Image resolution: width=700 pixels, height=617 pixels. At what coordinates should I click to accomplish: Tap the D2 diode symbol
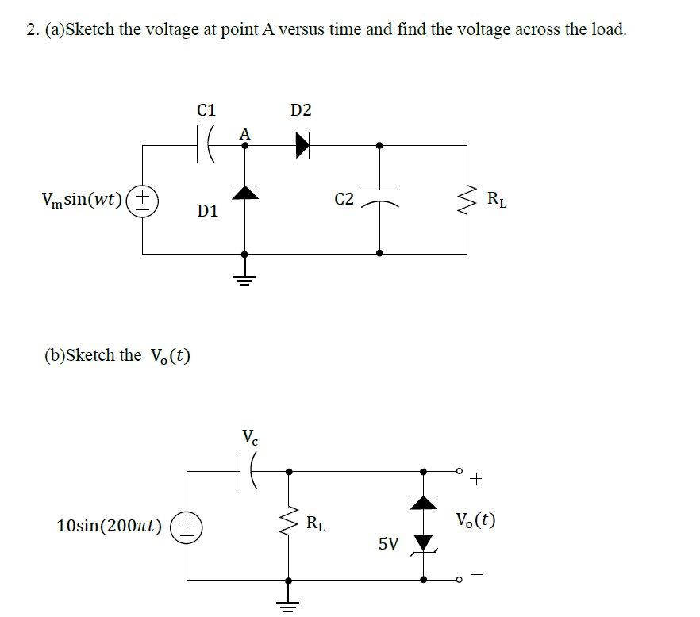[302, 145]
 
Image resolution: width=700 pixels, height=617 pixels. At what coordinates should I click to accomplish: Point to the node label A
[244, 134]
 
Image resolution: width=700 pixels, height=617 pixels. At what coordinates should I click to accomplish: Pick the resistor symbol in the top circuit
[467, 199]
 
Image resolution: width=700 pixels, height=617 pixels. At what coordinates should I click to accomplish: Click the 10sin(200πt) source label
[110, 525]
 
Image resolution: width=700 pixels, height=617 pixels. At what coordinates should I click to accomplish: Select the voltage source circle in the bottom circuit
[187, 525]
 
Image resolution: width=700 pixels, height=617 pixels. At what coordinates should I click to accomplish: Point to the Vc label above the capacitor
[249, 435]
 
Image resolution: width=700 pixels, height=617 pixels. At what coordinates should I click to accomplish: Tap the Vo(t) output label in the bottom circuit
[476, 521]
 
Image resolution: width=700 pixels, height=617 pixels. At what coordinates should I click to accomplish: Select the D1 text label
[208, 211]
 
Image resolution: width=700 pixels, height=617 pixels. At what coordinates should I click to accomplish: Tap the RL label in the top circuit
[498, 199]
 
